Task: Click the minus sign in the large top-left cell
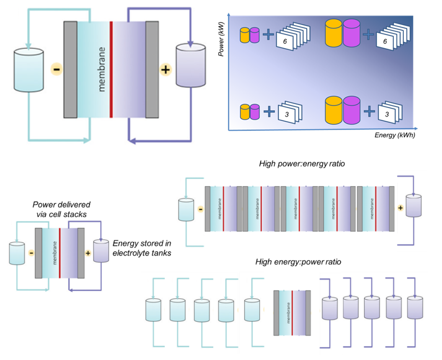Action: tap(55, 69)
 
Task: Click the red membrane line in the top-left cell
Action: tap(111, 69)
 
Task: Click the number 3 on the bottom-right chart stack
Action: tap(389, 112)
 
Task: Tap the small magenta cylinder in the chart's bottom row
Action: tap(255, 111)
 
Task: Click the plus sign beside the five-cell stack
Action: tap(401, 208)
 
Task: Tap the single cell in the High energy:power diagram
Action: tap(292, 312)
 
